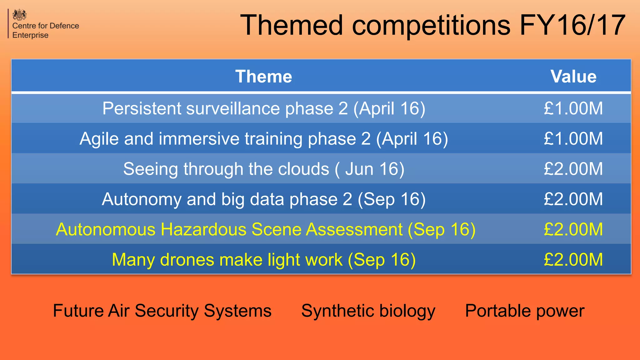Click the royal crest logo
(19, 15)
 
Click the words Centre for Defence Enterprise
(45, 30)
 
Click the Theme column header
(263, 77)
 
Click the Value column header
(573, 77)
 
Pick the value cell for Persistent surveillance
(573, 108)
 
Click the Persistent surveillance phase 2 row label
(263, 108)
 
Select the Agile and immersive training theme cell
(263, 139)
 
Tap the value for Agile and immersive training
(573, 139)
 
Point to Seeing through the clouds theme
(263, 169)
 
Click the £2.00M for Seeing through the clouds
(573, 169)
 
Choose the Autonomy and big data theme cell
(263, 199)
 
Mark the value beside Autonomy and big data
(573, 199)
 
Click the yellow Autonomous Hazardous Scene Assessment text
(265, 229)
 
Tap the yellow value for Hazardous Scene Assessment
(573, 229)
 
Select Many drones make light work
(263, 260)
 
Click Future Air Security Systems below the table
(162, 311)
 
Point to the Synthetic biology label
(368, 311)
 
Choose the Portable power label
(524, 311)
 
